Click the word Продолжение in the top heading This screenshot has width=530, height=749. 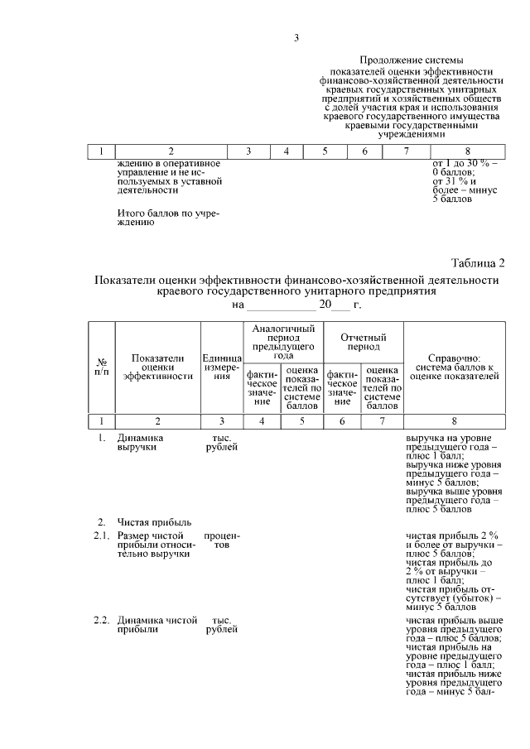point(389,60)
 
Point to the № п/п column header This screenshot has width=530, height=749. point(101,365)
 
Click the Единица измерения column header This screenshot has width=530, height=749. point(221,365)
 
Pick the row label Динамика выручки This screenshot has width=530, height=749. point(141,442)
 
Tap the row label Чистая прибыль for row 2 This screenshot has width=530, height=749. point(154,521)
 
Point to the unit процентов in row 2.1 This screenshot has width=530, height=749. point(221,542)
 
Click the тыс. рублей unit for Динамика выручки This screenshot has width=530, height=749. point(221,442)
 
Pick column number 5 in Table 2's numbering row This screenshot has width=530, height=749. point(301,420)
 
